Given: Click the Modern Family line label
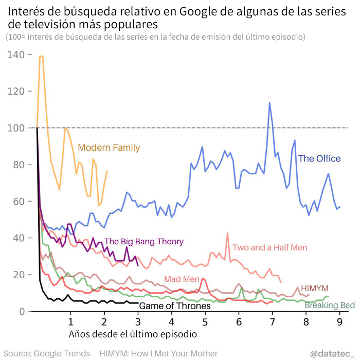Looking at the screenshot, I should click(x=109, y=148).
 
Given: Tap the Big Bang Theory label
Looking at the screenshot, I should click(x=144, y=242).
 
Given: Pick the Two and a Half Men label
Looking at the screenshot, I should click(x=269, y=247).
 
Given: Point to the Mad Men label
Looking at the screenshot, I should click(x=182, y=279).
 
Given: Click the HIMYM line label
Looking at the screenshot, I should click(x=314, y=287).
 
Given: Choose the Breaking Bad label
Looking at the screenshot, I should click(x=330, y=305).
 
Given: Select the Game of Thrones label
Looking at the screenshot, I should click(x=175, y=306).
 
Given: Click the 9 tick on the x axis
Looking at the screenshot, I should click(x=339, y=322).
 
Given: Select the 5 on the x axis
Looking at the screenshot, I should click(x=205, y=322).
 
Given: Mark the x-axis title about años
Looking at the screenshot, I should click(x=132, y=334).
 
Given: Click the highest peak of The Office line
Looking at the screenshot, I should click(x=269, y=103).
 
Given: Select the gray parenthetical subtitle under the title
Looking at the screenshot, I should click(x=156, y=37).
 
